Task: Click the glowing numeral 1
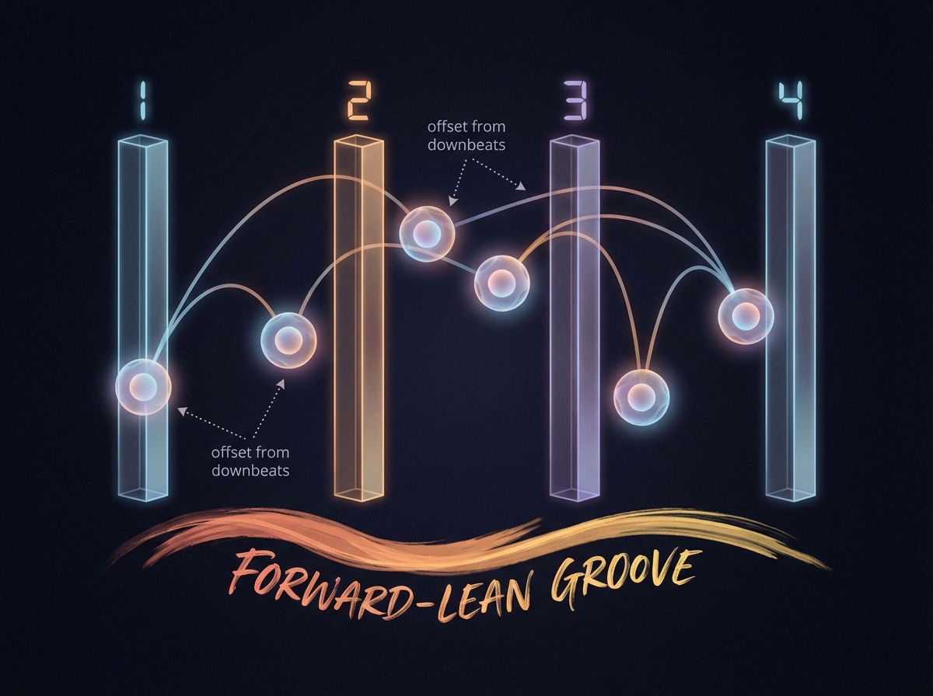[x=142, y=101]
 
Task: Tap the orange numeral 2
[x=358, y=101]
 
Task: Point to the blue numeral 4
[x=790, y=101]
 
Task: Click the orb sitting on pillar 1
[x=142, y=387]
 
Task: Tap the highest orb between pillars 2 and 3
[x=426, y=233]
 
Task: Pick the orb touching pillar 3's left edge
[x=501, y=283]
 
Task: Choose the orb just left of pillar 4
[x=746, y=315]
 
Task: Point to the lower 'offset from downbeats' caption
[x=250, y=461]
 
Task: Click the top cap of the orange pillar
[x=358, y=141]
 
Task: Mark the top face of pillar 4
[x=791, y=141]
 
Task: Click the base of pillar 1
[x=142, y=491]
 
